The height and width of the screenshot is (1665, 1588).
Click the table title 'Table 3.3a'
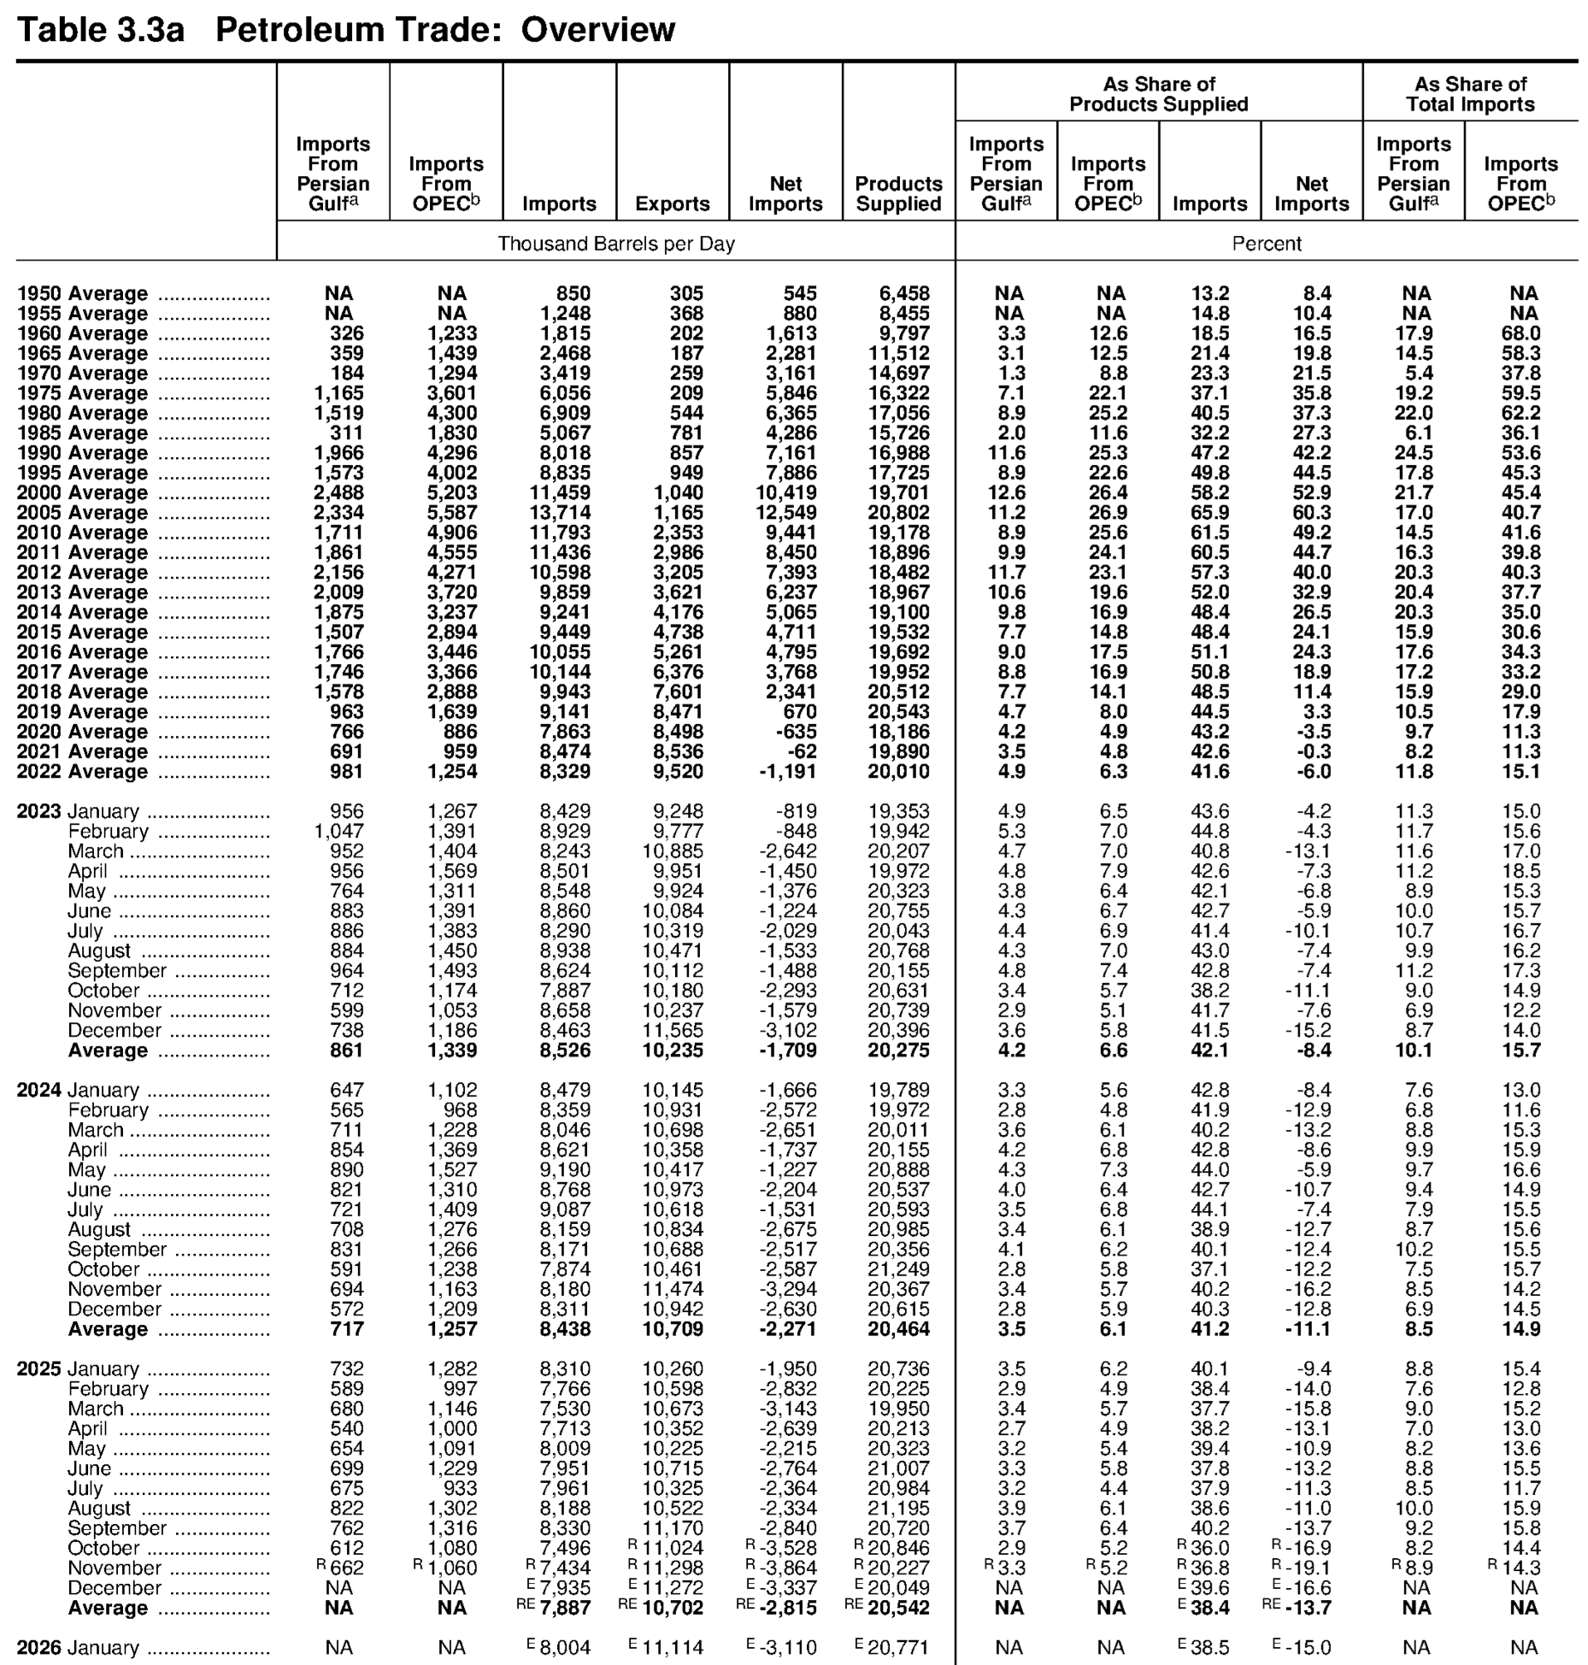pyautogui.click(x=101, y=30)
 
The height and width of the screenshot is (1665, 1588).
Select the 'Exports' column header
pyautogui.click(x=672, y=204)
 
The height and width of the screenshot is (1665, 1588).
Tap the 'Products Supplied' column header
pyautogui.click(x=898, y=194)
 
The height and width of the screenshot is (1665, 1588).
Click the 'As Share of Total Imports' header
pyautogui.click(x=1470, y=95)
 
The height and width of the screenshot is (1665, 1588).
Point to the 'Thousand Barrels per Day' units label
pyautogui.click(x=616, y=244)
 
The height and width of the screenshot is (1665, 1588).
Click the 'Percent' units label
pyautogui.click(x=1266, y=244)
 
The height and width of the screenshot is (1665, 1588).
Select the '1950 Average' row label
pyautogui.click(x=82, y=294)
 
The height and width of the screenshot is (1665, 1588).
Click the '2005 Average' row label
pyautogui.click(x=82, y=513)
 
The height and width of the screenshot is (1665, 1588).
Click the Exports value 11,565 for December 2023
pyautogui.click(x=673, y=1031)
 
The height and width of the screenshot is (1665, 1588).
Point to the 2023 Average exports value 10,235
pyautogui.click(x=673, y=1050)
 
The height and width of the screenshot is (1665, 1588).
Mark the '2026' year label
pyautogui.click(x=39, y=1648)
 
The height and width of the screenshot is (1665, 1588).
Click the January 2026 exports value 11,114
pyautogui.click(x=673, y=1648)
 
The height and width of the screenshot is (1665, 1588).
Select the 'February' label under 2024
pyautogui.click(x=108, y=1110)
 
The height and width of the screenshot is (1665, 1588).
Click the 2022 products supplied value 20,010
pyautogui.click(x=898, y=772)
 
